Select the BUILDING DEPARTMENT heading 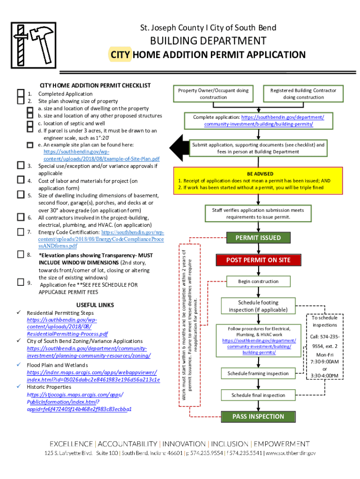click(x=208, y=41)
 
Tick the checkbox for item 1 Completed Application click(x=20, y=94)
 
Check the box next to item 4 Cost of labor click(x=21, y=180)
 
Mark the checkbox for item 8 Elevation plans click(x=21, y=254)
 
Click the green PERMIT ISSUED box click(x=258, y=238)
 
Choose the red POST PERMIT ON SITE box click(x=258, y=260)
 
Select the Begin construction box click(x=258, y=282)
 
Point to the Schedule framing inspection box click(x=258, y=373)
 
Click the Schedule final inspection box click(x=258, y=395)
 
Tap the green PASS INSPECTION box click(x=258, y=416)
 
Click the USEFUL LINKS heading click(x=95, y=305)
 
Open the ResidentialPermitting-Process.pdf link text click(x=67, y=334)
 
